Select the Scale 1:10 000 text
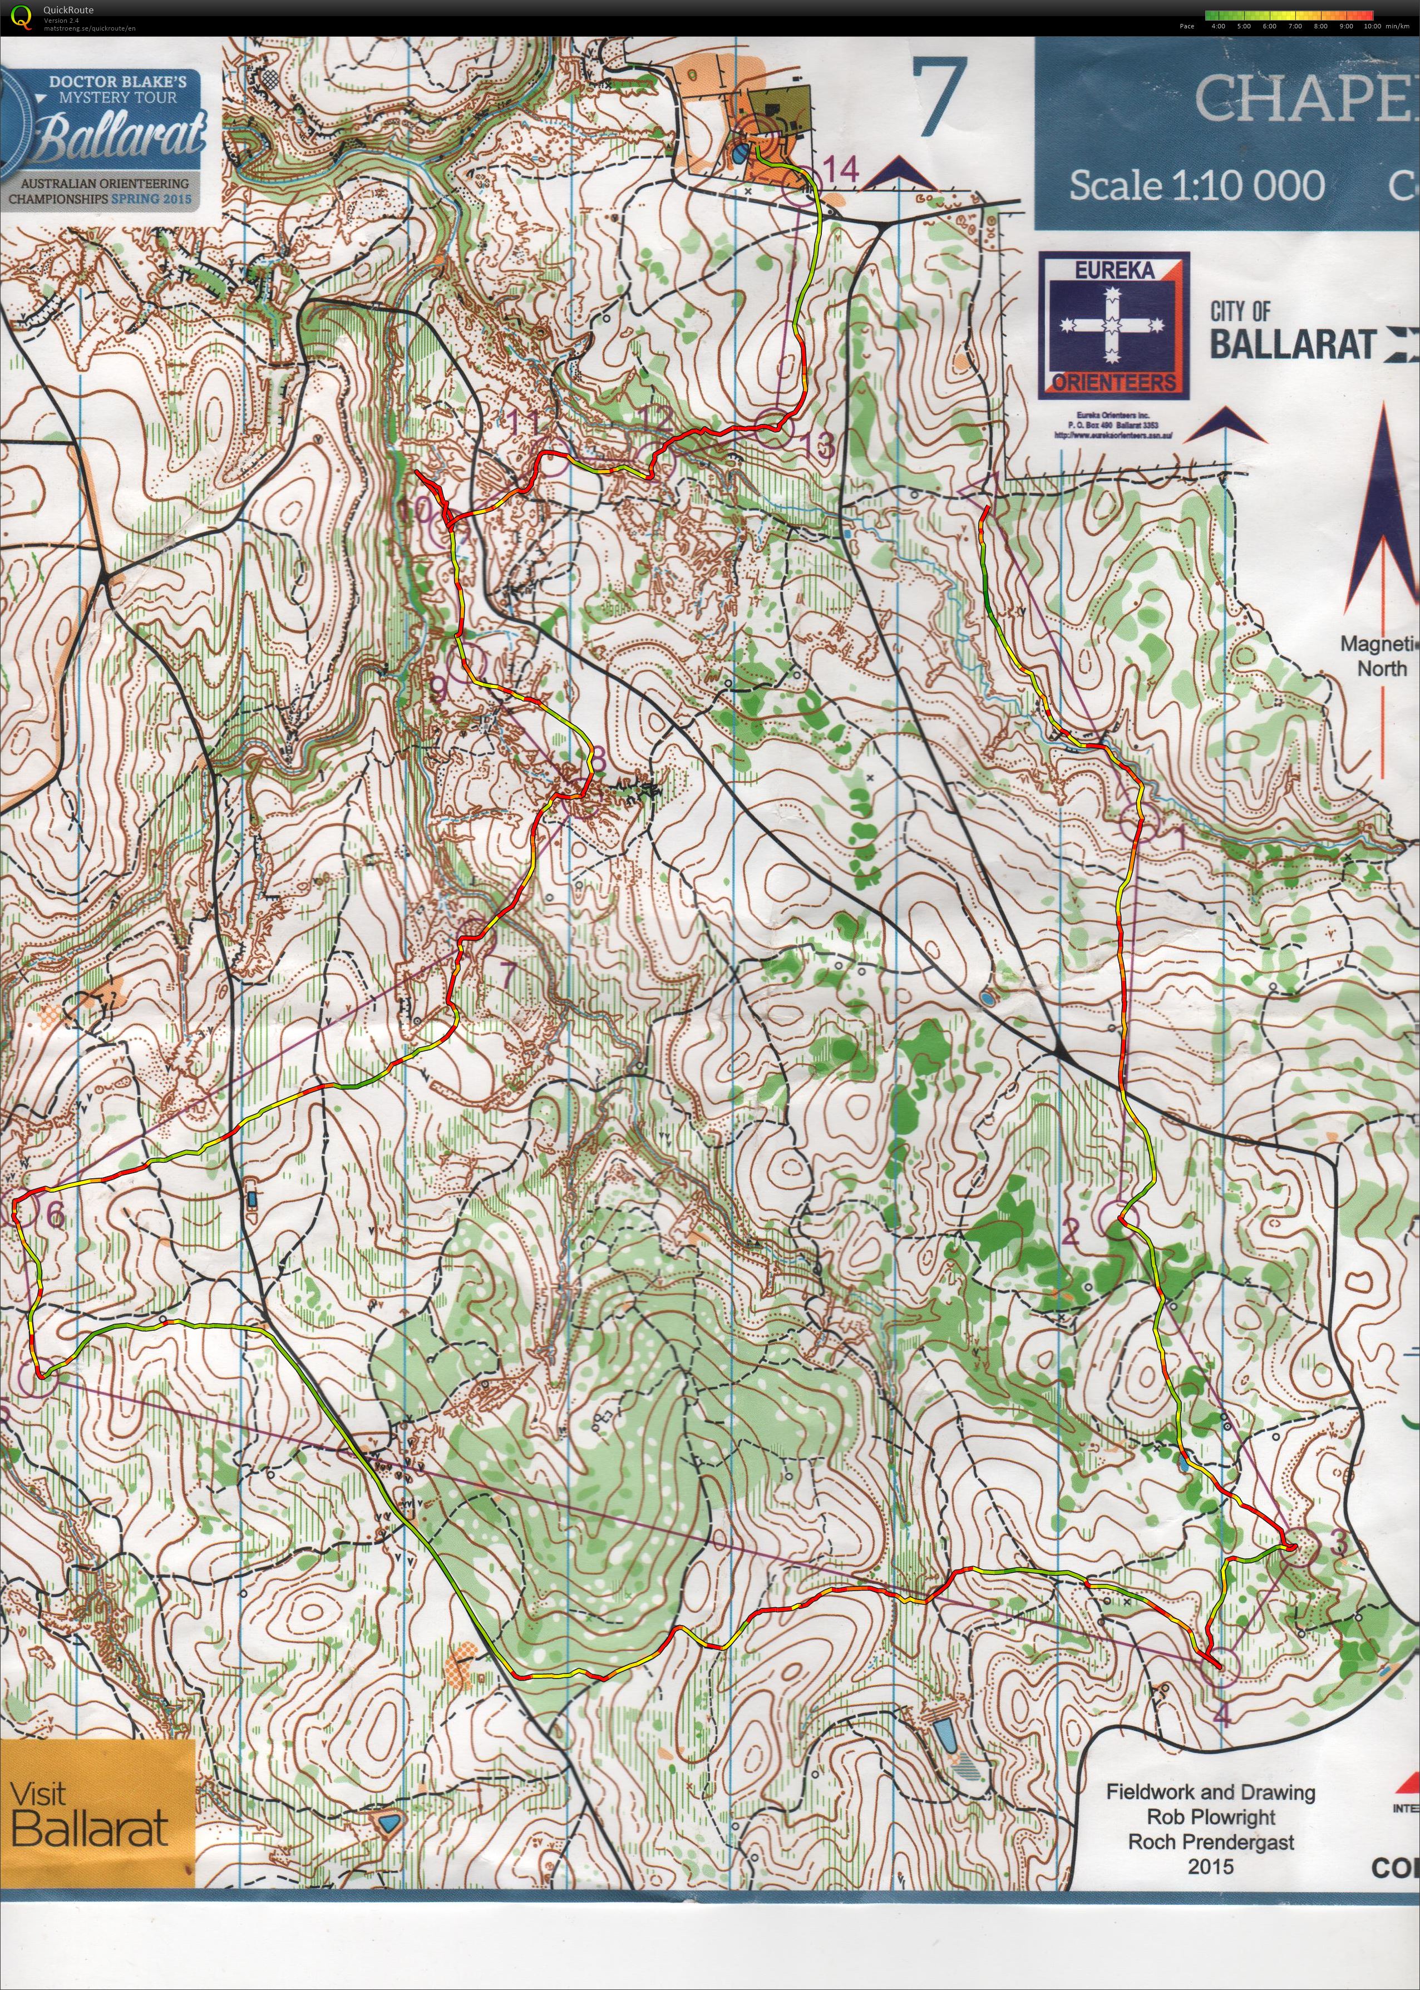click(1196, 185)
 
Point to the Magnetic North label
click(1380, 656)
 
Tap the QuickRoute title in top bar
click(68, 9)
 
